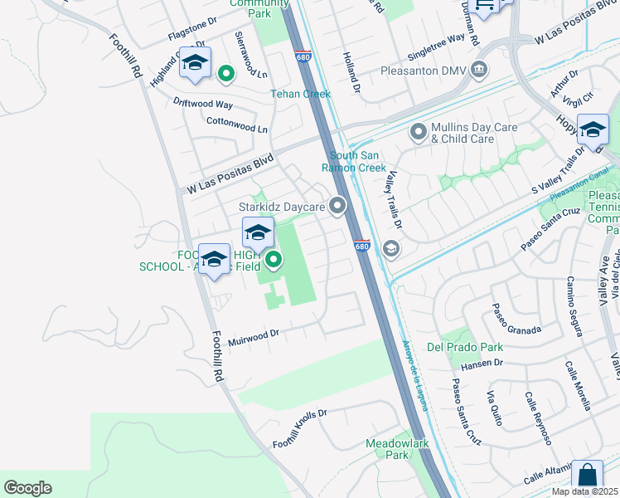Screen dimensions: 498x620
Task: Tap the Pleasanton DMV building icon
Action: pyautogui.click(x=478, y=71)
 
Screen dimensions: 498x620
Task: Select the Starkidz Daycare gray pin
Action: pyautogui.click(x=337, y=206)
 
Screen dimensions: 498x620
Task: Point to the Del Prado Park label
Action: pyautogui.click(x=453, y=346)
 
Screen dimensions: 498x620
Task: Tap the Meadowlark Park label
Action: pyautogui.click(x=398, y=449)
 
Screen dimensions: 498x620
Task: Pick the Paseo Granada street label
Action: pyautogui.click(x=516, y=320)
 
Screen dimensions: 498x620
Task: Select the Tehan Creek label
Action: pyautogui.click(x=300, y=94)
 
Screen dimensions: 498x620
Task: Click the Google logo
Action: pyautogui.click(x=27, y=488)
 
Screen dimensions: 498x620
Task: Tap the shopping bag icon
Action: pyautogui.click(x=587, y=476)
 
